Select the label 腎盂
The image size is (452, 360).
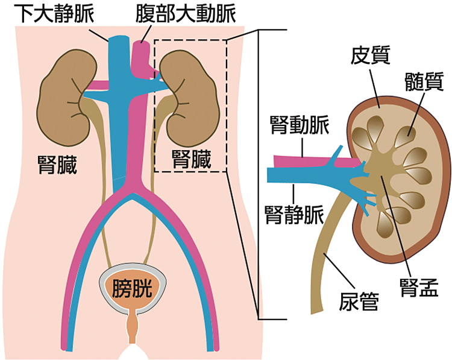pyautogui.click(x=415, y=283)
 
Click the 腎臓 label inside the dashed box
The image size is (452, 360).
pyautogui.click(x=192, y=160)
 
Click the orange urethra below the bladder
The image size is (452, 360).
pyautogui.click(x=133, y=329)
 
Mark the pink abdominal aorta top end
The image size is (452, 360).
pyautogui.click(x=140, y=47)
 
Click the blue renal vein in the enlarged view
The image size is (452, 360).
pyautogui.click(x=301, y=175)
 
